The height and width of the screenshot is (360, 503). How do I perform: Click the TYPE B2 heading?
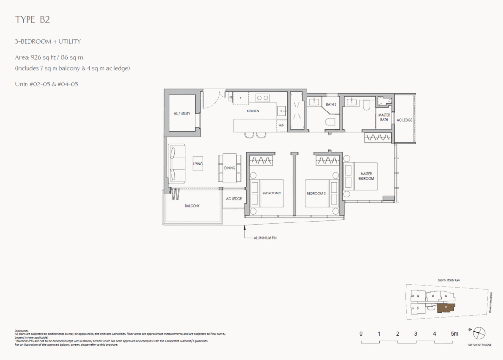32,20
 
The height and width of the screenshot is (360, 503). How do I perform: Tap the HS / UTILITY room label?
182,113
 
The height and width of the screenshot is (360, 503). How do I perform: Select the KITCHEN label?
253,111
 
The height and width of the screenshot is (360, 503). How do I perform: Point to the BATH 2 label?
331,104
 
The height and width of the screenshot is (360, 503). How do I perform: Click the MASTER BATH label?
384,118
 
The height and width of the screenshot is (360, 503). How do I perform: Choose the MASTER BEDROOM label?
366,176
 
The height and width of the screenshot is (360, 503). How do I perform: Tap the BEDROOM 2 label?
271,193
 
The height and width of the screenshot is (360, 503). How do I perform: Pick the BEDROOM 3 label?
316,193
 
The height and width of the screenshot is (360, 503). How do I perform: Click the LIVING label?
197,164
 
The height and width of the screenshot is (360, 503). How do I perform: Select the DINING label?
230,168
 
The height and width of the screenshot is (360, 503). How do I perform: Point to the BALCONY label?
192,206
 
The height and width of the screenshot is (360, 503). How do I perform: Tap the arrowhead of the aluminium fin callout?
244,226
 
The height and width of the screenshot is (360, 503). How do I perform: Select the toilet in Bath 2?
331,120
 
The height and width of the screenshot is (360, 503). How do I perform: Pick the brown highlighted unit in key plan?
445,308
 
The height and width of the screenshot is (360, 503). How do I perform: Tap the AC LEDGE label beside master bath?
404,119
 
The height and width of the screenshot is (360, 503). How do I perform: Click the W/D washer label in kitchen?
281,125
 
